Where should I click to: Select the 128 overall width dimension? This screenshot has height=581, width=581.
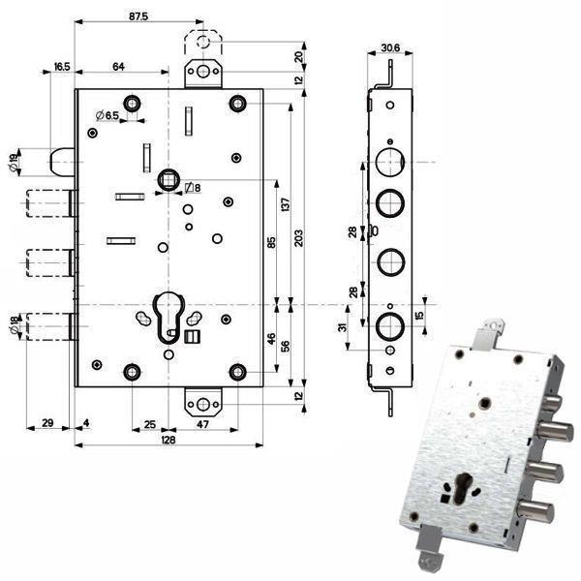(x=168, y=437)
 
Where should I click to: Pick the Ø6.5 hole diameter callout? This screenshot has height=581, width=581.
(x=108, y=116)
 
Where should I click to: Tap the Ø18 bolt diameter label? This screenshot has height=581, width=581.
(x=11, y=327)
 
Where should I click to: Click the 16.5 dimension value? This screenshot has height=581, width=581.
(x=61, y=66)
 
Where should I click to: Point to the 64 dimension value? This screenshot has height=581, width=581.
(x=119, y=66)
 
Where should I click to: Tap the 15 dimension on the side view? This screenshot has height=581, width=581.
(x=419, y=316)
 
